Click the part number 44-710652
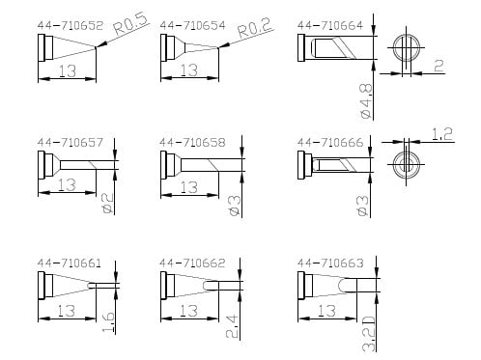pyautogui.click(x=71, y=25)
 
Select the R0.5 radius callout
pyautogui.click(x=131, y=24)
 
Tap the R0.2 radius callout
pyautogui.click(x=255, y=28)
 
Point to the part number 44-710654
pyautogui.click(x=192, y=25)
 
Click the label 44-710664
pyautogui.click(x=330, y=25)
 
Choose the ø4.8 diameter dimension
pyautogui.click(x=366, y=101)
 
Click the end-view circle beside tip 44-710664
pyautogui.click(x=406, y=48)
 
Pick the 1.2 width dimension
pyautogui.click(x=442, y=134)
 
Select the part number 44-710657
pyautogui.click(x=71, y=142)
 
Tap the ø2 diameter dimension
pyautogui.click(x=108, y=204)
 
